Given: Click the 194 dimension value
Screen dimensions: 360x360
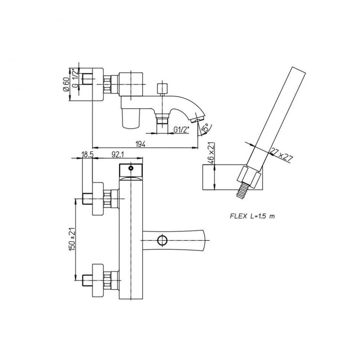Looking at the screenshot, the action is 141,144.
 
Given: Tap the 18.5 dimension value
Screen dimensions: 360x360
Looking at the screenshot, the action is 88,155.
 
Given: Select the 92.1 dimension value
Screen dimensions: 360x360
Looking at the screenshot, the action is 118,155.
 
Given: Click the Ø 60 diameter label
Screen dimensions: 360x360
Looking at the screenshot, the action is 66,85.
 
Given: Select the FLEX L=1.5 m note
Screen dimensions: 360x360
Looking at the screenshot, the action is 252,216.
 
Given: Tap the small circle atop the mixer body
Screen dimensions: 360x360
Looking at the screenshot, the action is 131,168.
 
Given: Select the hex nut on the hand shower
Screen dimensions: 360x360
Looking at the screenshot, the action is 249,176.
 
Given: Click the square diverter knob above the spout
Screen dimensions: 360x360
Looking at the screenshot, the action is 162,88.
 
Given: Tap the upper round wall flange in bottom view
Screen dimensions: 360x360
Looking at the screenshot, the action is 98,199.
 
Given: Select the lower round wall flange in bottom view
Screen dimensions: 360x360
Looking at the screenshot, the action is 98,281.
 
